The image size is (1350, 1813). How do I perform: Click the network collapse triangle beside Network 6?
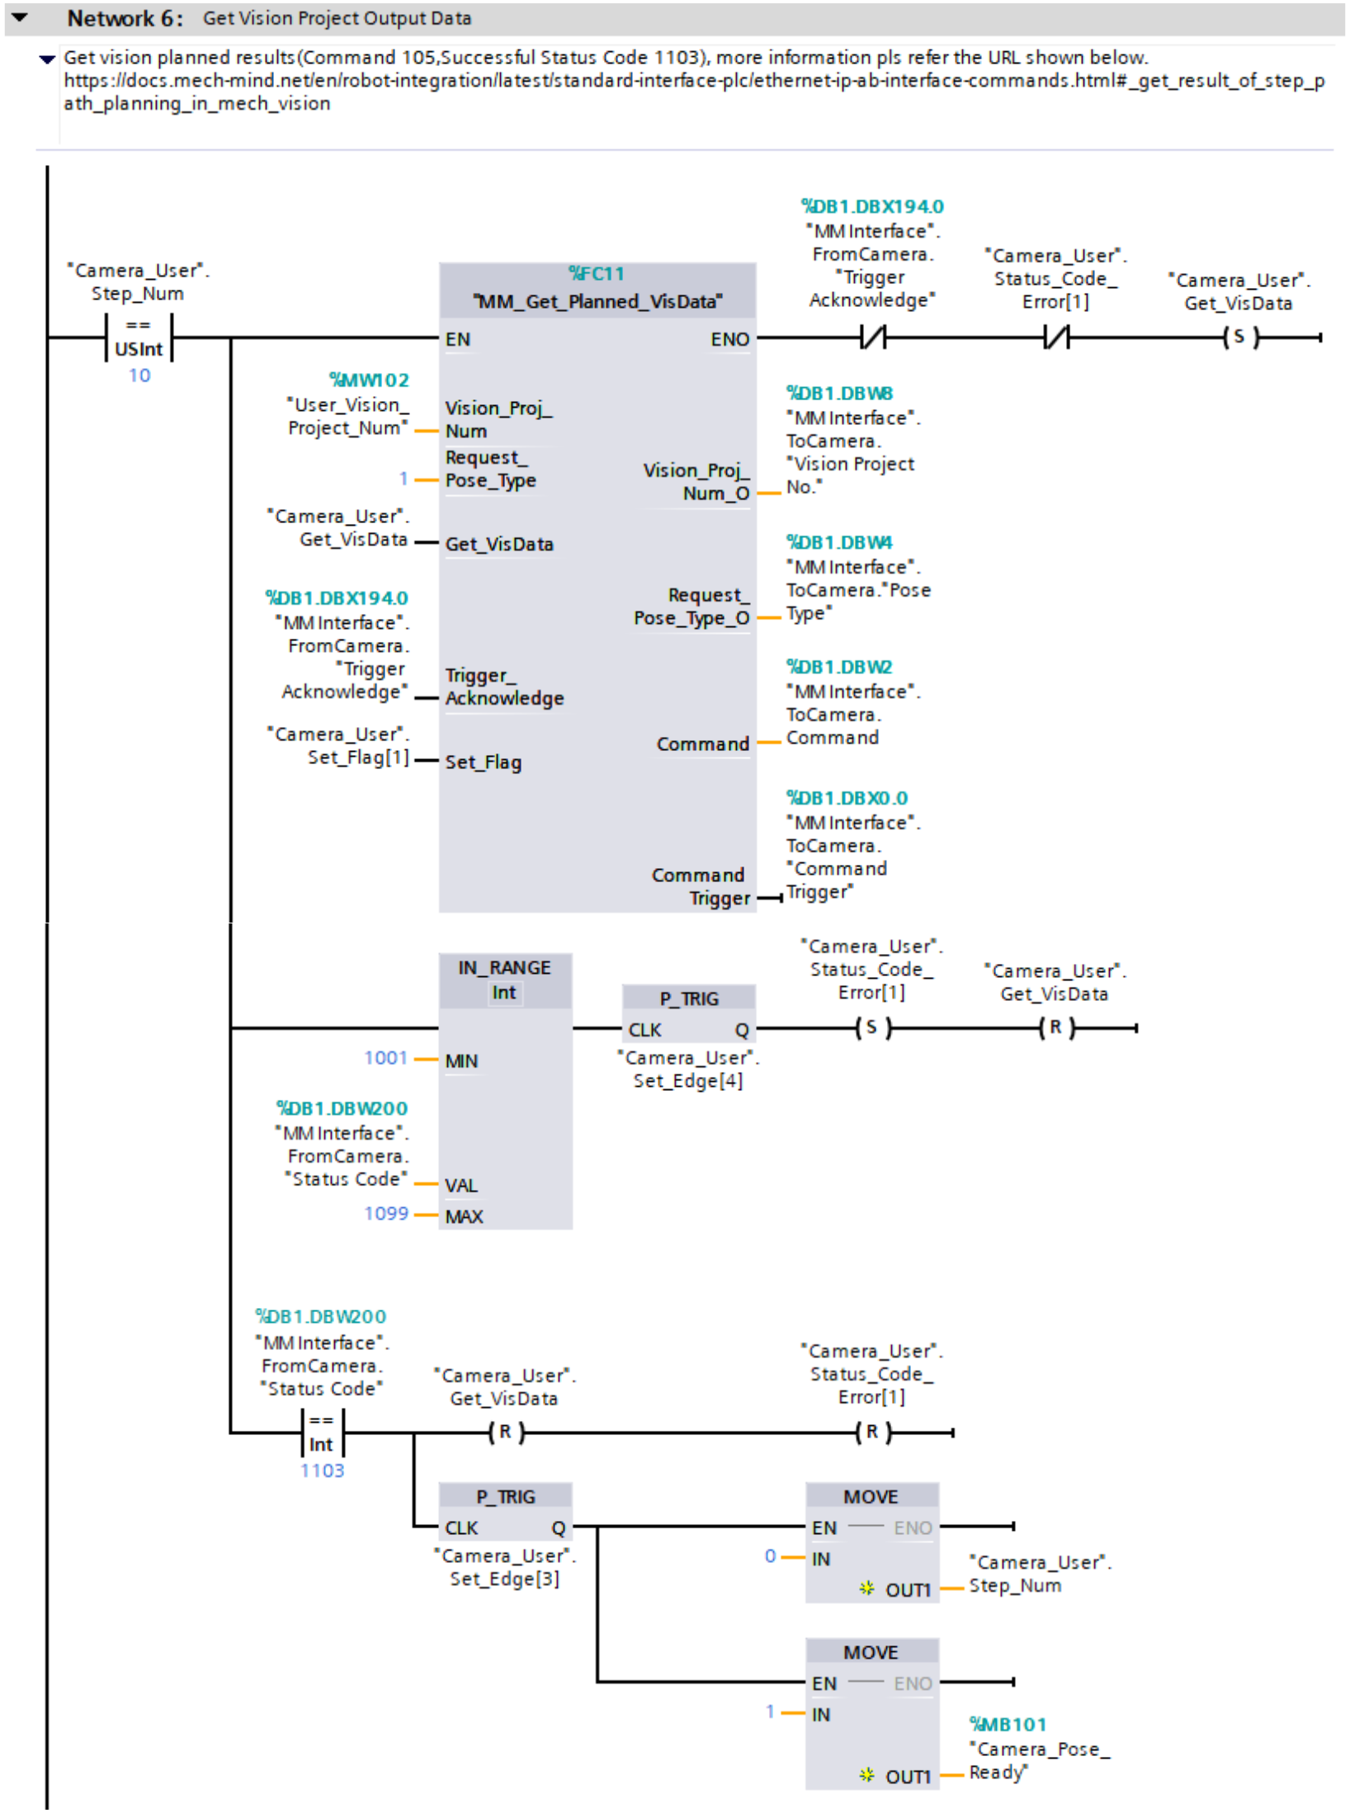click(20, 17)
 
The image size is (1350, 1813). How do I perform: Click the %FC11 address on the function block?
click(596, 273)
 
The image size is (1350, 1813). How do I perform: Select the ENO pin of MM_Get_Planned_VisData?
click(729, 339)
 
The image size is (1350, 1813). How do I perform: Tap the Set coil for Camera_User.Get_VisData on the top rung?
click(1239, 337)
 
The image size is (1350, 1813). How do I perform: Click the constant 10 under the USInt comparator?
click(139, 375)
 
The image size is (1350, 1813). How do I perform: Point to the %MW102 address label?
click(369, 380)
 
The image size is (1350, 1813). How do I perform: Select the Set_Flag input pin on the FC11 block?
click(483, 762)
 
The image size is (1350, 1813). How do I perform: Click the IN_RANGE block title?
click(504, 967)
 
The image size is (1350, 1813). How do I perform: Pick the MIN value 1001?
click(385, 1058)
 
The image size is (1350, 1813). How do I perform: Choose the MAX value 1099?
click(386, 1214)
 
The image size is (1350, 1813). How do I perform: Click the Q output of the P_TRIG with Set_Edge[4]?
click(742, 1030)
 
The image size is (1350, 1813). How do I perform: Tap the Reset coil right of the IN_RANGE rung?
click(1055, 1028)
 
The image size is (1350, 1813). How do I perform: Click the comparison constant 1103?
click(322, 1471)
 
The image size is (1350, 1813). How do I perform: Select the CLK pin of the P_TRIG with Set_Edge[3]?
click(461, 1528)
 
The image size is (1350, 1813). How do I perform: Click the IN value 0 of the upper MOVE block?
click(770, 1556)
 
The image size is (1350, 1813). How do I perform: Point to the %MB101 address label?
click(1007, 1725)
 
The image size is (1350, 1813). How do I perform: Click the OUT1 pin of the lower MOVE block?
click(908, 1777)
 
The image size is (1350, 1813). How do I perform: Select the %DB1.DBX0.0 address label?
click(847, 798)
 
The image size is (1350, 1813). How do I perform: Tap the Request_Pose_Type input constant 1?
click(403, 479)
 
